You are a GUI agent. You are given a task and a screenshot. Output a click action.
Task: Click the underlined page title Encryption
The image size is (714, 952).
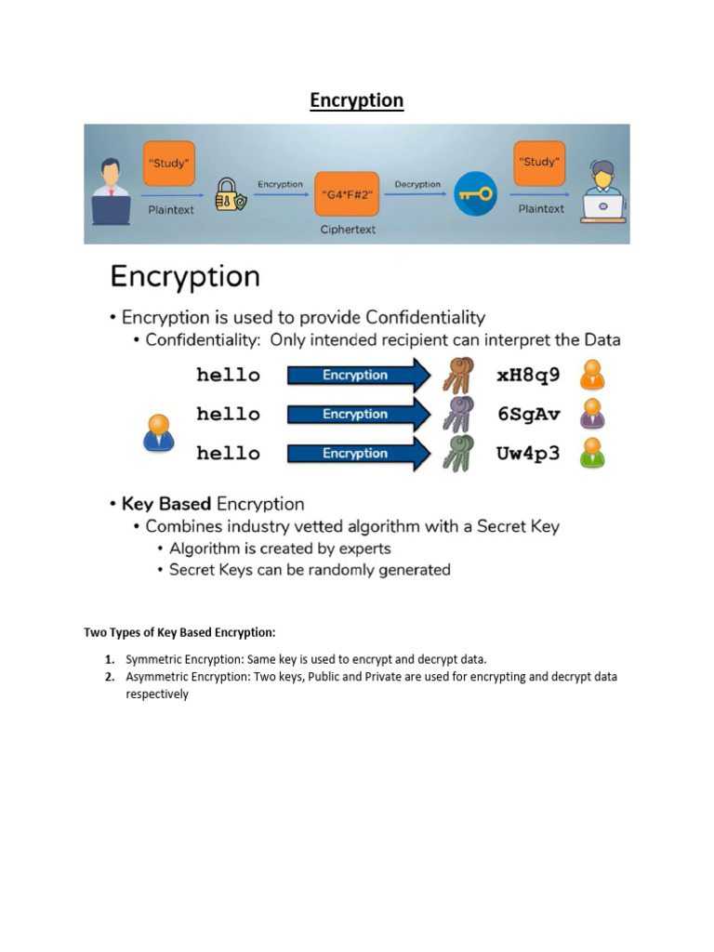[357, 100]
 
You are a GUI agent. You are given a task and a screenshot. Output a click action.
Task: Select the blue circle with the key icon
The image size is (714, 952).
[476, 195]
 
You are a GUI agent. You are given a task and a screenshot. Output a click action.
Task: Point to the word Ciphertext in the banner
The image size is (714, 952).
[348, 230]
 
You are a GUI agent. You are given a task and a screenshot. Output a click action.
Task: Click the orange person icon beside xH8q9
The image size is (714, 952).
[591, 375]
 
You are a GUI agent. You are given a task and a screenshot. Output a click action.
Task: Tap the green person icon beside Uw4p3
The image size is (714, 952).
[591, 453]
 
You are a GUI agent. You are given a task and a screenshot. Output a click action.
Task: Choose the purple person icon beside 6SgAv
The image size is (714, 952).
[591, 414]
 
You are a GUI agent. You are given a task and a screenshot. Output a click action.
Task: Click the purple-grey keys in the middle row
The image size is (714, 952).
[457, 415]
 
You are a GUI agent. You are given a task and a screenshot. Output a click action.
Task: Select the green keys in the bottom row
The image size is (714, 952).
[457, 454]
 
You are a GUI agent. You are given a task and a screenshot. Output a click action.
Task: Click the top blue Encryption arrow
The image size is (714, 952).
[358, 376]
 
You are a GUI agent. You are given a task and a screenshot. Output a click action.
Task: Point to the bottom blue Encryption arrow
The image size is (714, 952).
[358, 454]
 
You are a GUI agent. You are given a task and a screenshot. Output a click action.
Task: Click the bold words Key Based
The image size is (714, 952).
[166, 504]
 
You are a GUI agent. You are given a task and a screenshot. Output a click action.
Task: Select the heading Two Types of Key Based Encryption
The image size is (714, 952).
[179, 633]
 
